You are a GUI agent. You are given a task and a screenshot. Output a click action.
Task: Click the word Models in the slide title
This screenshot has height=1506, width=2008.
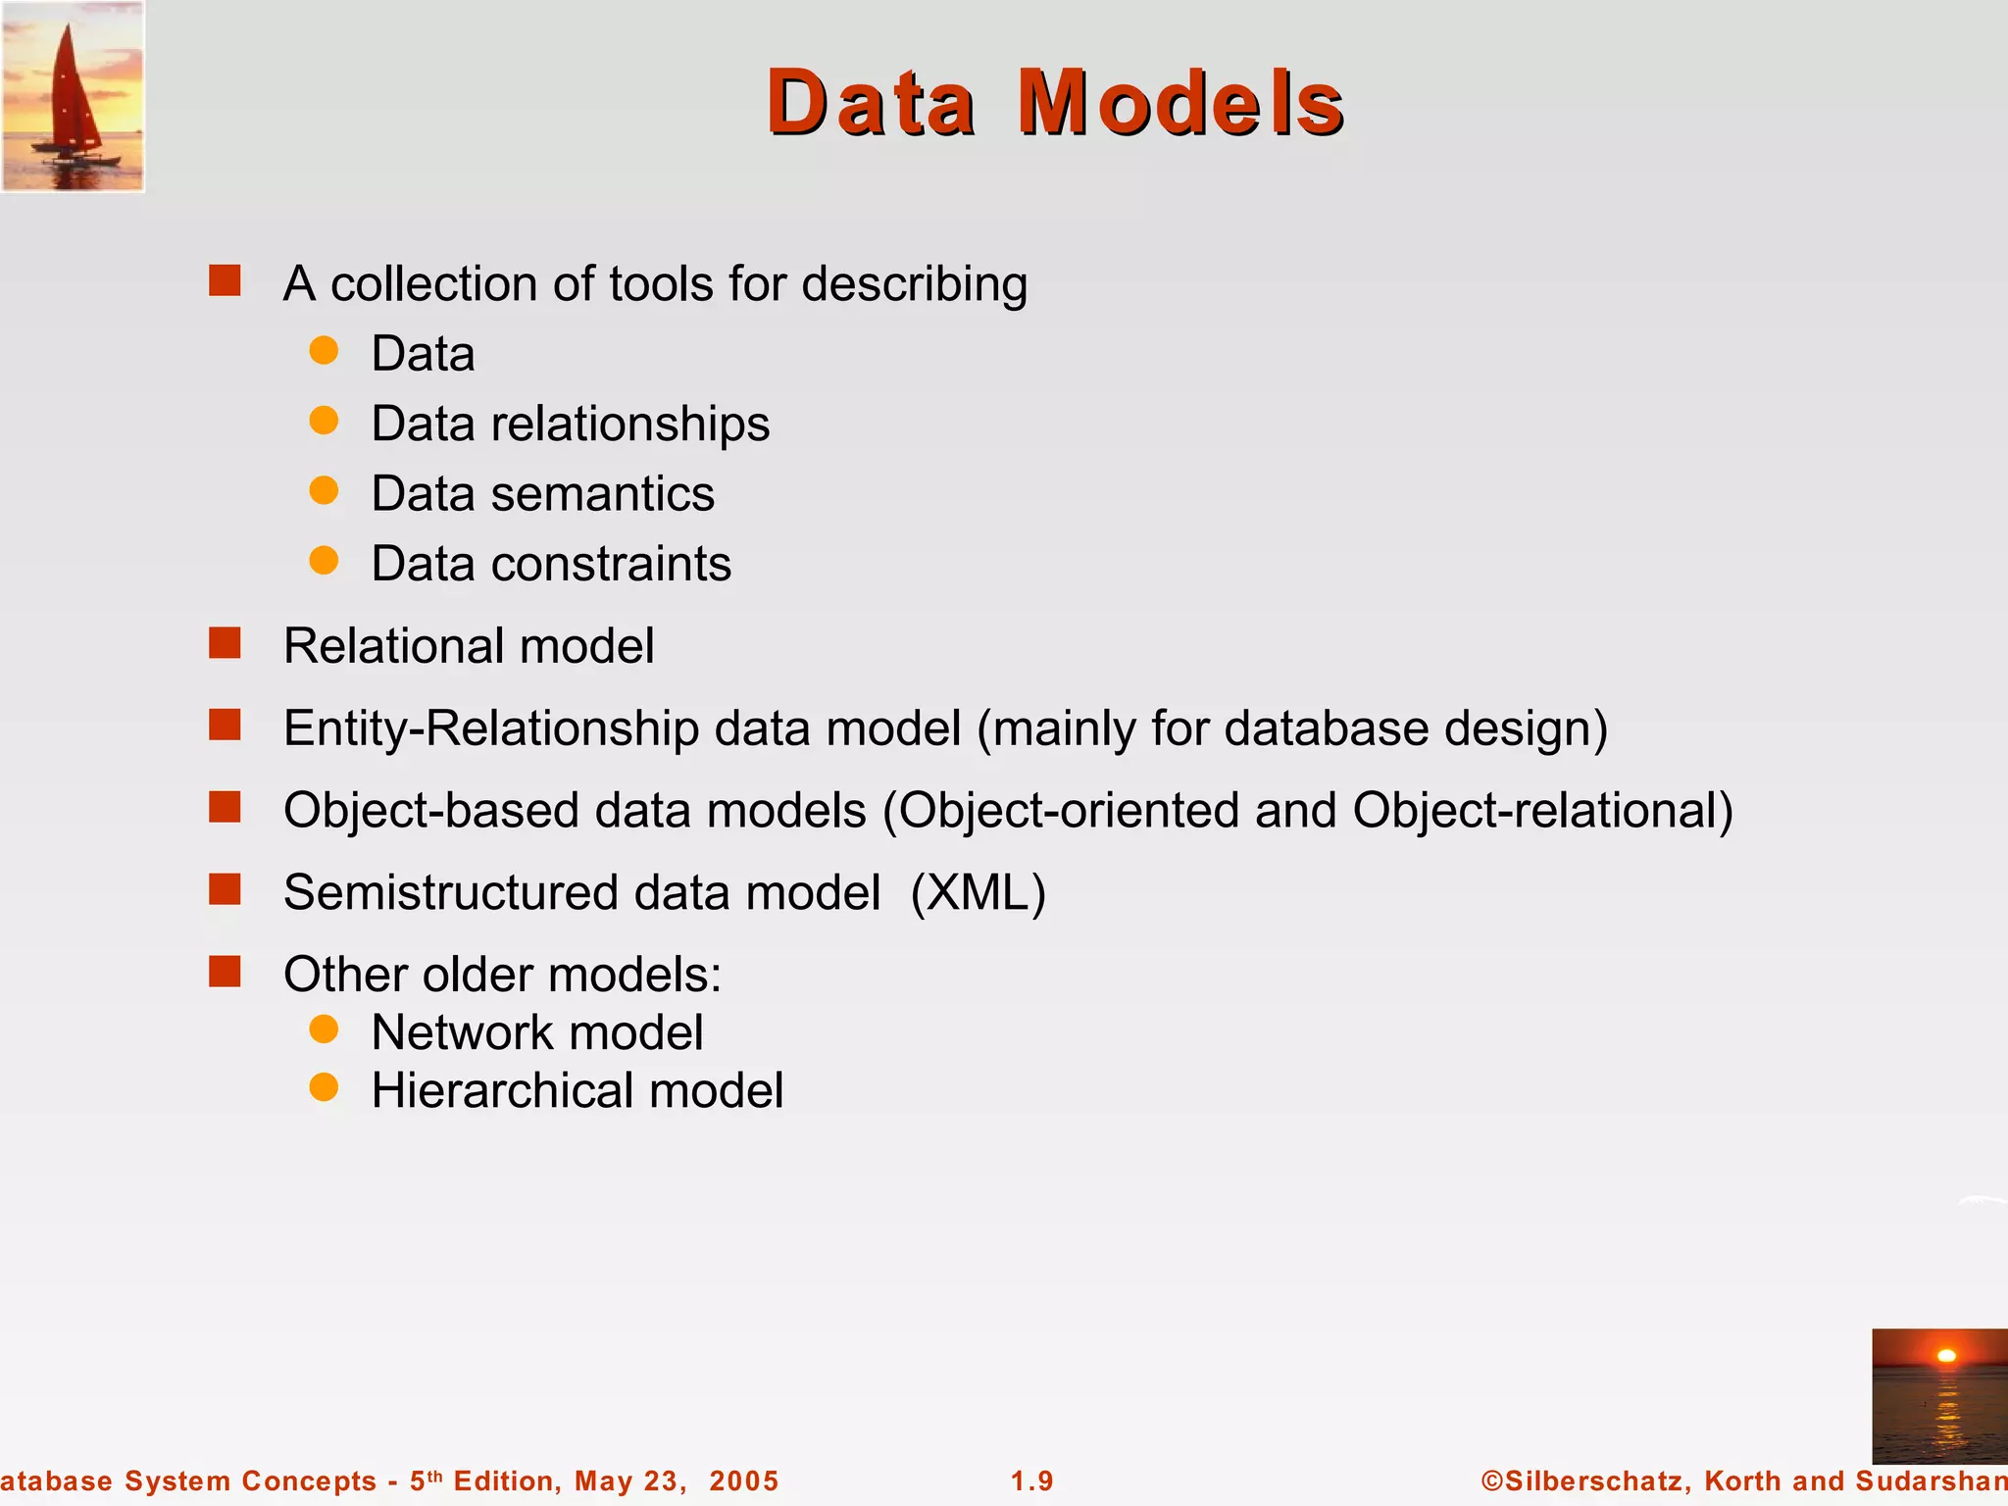click(x=1180, y=102)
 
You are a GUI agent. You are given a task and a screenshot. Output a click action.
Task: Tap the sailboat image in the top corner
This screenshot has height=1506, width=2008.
click(x=73, y=96)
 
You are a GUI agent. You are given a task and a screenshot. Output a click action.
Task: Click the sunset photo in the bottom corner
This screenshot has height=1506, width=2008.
click(x=1938, y=1395)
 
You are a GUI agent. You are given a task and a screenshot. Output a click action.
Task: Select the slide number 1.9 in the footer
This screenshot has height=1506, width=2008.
click(x=1031, y=1481)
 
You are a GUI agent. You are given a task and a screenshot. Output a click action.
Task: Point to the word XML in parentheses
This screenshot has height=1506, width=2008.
click(x=978, y=893)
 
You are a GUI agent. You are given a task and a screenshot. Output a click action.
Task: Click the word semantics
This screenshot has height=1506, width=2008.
click(x=602, y=494)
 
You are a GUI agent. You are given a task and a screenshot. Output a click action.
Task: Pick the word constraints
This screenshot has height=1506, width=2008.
click(x=610, y=565)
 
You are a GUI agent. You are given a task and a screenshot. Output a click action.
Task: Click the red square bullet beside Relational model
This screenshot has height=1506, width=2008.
click(x=225, y=644)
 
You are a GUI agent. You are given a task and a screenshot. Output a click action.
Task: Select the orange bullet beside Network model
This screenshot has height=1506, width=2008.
click(x=324, y=1029)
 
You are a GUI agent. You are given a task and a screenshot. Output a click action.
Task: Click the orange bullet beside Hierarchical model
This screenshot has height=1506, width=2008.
click(x=324, y=1087)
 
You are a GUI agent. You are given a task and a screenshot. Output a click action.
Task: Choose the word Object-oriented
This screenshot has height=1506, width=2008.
click(x=1069, y=811)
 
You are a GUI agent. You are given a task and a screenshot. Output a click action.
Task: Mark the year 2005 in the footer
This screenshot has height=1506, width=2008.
click(x=743, y=1481)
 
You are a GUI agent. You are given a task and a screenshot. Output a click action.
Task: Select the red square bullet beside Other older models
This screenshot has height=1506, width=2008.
click(x=225, y=973)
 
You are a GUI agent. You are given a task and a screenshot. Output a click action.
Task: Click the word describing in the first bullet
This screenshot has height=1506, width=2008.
click(x=914, y=285)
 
